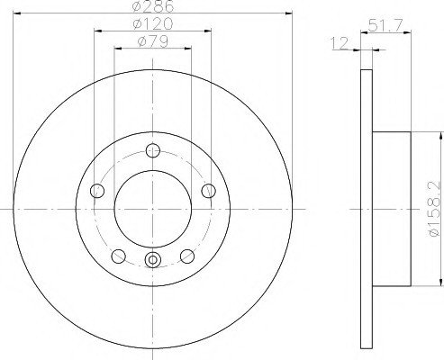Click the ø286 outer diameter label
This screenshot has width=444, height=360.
pos(153,6)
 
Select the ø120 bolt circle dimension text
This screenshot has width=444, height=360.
pos(153,24)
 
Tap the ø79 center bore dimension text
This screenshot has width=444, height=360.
pos(153,41)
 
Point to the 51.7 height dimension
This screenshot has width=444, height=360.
pos(385,25)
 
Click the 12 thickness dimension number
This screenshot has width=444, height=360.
pos(340,43)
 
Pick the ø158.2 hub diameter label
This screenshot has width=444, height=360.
pos(435,210)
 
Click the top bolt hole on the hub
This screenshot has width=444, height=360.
pos(153,150)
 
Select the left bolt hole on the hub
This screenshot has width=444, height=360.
pos(97,191)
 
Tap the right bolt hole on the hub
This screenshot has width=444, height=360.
pos(208,191)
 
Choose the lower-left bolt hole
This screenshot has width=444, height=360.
pos(118,256)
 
